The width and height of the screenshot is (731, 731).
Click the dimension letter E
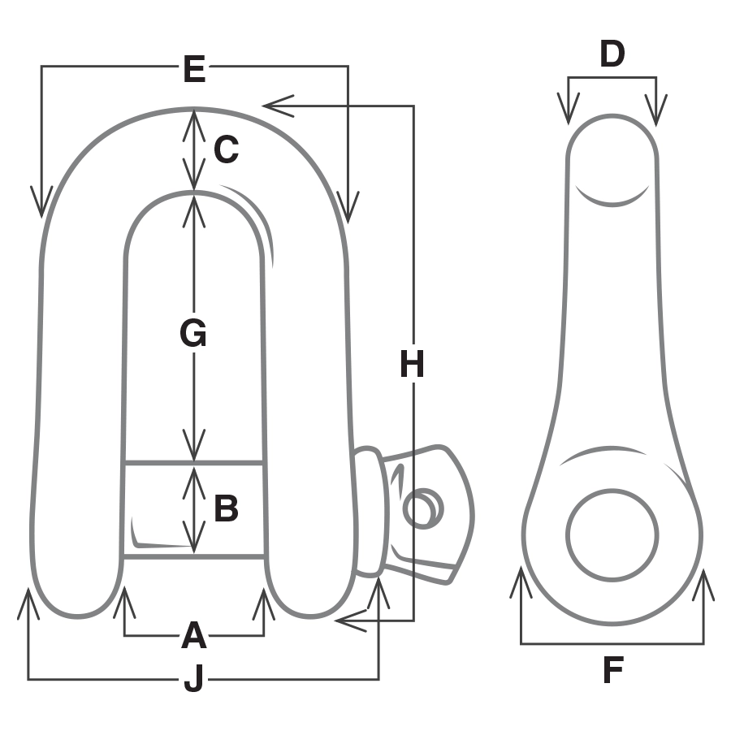coord(194,70)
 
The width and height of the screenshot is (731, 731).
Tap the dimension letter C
coord(226,149)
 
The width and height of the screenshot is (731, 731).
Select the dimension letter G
coord(193,333)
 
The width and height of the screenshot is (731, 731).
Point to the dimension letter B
coord(226,509)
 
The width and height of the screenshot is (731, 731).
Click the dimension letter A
coord(193,635)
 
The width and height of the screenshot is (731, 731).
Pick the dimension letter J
coord(193,679)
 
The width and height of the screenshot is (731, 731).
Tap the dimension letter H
coord(413,365)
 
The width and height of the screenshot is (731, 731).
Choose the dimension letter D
coord(612,54)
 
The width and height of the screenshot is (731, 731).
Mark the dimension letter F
coord(612,672)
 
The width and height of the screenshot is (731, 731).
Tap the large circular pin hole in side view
coord(612,534)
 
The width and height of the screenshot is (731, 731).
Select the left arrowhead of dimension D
coord(569,110)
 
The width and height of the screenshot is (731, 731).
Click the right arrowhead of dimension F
coord(703,583)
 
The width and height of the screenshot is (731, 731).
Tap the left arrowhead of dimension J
coord(28,603)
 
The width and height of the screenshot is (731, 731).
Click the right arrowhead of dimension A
coord(263,603)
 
